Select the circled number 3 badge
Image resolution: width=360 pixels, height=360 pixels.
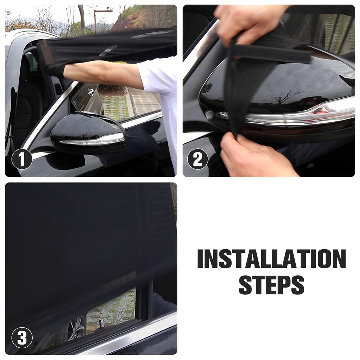(22, 338)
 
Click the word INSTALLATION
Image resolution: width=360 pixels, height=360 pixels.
(271, 259)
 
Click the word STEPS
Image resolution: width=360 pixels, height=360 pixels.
(271, 285)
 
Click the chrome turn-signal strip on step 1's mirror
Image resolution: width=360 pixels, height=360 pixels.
(93, 140)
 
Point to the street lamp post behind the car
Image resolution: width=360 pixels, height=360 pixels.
(95, 21)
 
